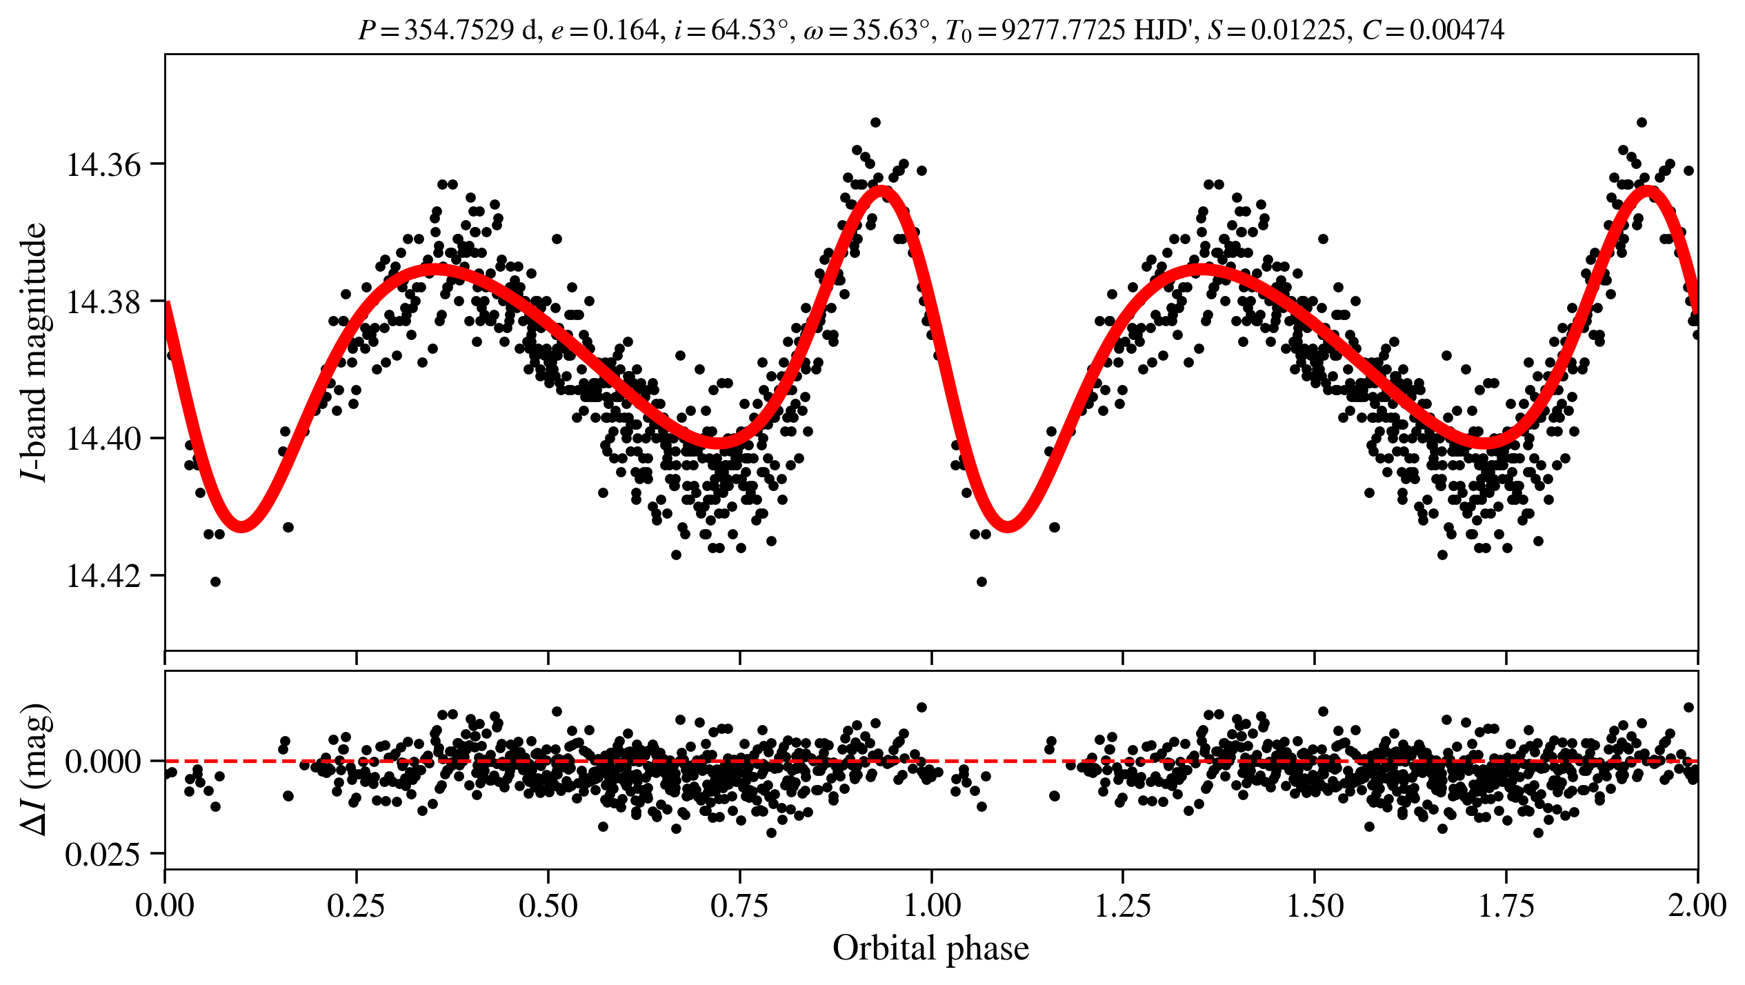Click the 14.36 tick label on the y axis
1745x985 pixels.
103,165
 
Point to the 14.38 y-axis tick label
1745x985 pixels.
103,301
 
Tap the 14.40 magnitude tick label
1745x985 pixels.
103,439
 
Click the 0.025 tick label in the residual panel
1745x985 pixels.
103,855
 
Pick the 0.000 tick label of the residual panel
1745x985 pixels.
103,762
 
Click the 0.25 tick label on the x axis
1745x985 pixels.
356,905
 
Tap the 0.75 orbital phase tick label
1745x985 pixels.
739,905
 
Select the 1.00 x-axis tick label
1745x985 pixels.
931,905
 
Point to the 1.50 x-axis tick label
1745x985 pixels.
1315,905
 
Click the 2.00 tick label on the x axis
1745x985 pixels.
1697,905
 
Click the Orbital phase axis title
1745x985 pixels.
931,948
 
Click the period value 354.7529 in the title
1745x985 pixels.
459,30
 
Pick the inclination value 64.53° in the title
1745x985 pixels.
749,30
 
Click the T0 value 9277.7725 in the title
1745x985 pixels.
1062,30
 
